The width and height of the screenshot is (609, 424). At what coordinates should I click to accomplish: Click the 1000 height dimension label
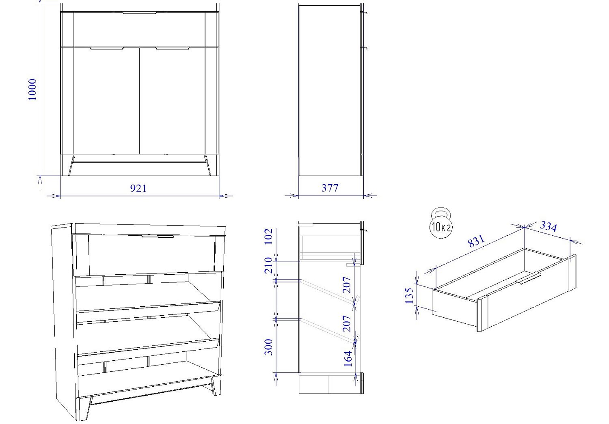[32, 89]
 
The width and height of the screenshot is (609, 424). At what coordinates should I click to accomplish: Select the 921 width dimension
[138, 188]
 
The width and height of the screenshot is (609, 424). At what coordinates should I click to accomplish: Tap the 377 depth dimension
[330, 188]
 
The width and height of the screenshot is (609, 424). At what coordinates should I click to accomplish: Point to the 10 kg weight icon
[441, 223]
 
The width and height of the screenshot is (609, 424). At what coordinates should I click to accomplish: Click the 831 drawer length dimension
[476, 241]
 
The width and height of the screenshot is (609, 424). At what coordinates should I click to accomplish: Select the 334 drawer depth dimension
[548, 226]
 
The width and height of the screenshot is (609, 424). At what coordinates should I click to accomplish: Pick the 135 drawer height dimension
[409, 295]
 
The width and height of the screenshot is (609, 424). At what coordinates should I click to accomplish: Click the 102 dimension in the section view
[268, 236]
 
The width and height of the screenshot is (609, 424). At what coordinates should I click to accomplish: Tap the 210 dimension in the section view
[268, 265]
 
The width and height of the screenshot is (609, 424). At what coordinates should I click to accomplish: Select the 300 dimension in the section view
[268, 347]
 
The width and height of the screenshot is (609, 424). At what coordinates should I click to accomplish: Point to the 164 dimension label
[348, 359]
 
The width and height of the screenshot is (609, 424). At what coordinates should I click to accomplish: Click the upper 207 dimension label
[347, 285]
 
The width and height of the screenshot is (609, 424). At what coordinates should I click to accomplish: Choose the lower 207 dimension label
[347, 323]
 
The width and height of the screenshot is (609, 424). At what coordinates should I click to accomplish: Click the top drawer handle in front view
[140, 13]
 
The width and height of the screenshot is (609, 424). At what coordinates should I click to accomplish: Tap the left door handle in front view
[107, 48]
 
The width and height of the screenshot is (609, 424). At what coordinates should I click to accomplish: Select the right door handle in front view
[173, 48]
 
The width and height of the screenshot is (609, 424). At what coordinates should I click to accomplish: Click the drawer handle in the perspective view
[158, 237]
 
